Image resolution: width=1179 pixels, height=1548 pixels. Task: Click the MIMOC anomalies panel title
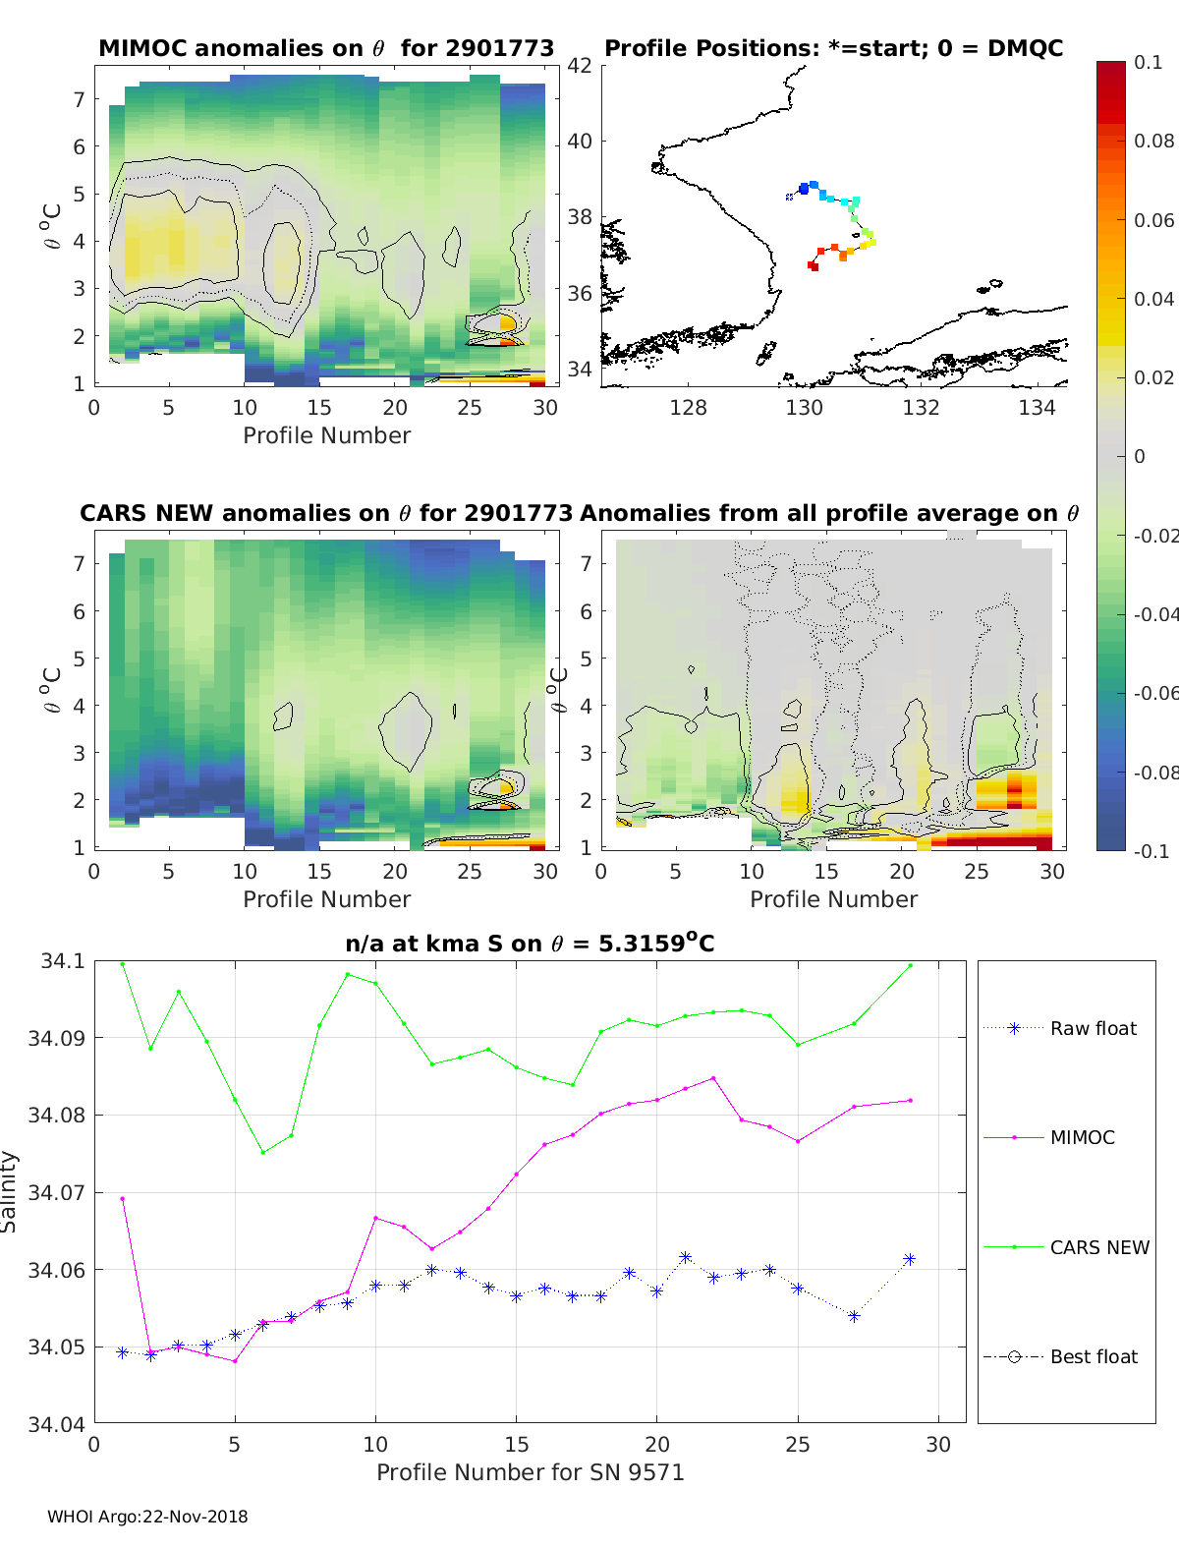coord(326,48)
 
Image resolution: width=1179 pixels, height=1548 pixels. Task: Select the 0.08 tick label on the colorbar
coord(1153,141)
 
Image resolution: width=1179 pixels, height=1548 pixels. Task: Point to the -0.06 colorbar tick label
coord(1154,693)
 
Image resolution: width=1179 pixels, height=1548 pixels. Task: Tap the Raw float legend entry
coord(1093,1028)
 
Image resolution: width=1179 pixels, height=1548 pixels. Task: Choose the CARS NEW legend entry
coord(1098,1247)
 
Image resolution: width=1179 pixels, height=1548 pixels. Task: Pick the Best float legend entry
coord(1093,1356)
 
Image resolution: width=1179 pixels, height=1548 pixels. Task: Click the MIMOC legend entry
coord(1082,1137)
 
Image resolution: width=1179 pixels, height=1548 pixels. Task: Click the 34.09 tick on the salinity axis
coord(63,1038)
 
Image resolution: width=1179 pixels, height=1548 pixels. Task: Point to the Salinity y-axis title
coord(10,1191)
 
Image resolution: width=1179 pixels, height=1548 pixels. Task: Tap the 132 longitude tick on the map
coord(921,407)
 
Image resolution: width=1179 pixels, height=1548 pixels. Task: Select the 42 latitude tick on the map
coord(580,65)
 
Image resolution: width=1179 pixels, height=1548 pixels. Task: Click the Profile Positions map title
coord(833,48)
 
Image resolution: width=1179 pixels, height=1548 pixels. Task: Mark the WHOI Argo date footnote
coord(147,1517)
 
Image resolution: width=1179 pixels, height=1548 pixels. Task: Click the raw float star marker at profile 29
coord(910,1259)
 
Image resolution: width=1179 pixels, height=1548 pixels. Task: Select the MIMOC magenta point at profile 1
coord(123,1198)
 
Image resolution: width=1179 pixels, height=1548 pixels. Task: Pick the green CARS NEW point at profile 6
coord(262,1152)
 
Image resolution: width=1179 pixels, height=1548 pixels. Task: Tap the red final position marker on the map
coord(813,265)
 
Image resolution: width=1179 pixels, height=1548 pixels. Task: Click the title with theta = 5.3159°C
coord(530,944)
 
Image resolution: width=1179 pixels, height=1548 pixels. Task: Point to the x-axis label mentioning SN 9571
coord(530,1472)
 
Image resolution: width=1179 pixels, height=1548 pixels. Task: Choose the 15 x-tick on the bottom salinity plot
coord(517,1444)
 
